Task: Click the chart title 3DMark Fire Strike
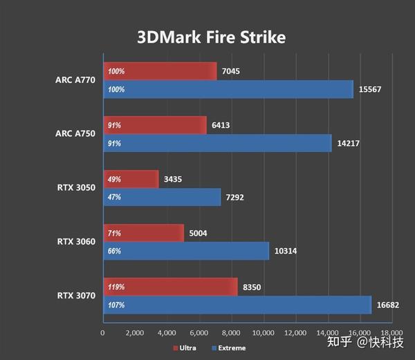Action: click(212, 37)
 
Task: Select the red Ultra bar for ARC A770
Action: click(160, 71)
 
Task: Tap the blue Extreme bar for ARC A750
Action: click(217, 144)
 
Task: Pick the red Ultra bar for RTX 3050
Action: click(131, 180)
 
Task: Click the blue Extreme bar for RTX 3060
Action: click(185, 251)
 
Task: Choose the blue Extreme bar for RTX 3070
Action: click(237, 305)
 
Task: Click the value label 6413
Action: click(223, 126)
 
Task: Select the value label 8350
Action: click(252, 287)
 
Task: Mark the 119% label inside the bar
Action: click(116, 287)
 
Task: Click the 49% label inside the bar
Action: click(114, 180)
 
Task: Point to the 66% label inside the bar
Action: click(114, 251)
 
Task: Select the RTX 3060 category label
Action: click(75, 242)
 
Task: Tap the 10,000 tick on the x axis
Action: click(263, 333)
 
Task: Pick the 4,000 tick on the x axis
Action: click(167, 333)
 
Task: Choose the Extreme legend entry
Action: click(228, 348)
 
